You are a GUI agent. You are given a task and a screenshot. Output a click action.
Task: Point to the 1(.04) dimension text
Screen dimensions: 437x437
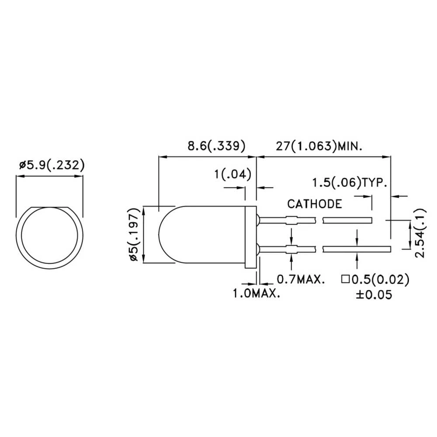232,175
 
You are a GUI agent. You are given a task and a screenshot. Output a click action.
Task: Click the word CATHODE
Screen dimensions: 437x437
314,204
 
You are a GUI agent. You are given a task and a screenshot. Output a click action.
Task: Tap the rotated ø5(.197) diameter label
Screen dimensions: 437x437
135,235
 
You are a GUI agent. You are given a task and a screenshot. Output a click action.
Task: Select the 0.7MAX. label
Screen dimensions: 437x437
301,279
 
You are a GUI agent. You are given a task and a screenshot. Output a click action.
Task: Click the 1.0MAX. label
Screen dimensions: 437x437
256,293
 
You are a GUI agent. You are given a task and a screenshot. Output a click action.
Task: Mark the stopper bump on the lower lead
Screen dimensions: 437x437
291,249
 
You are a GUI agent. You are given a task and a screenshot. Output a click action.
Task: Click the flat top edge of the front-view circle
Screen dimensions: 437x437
49,206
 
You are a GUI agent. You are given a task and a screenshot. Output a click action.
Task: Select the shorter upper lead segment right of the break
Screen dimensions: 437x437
347,221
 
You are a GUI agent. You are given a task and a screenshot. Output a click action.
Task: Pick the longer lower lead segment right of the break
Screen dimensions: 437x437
356,249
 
